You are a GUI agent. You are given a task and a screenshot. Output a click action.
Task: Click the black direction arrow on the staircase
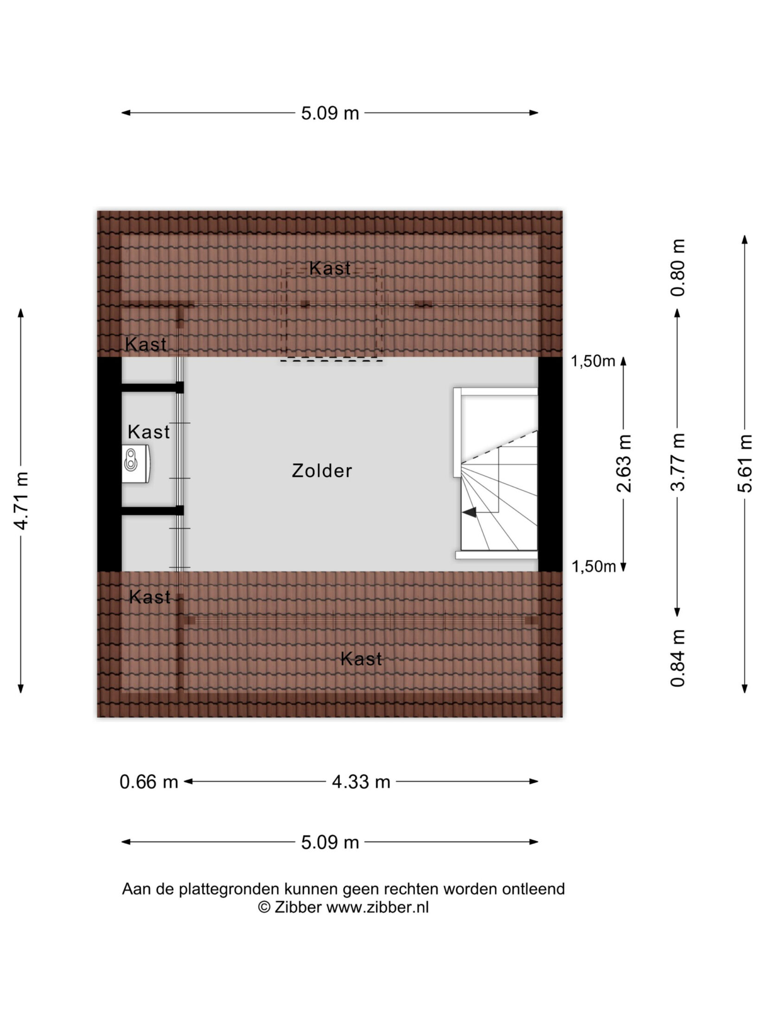tap(469, 512)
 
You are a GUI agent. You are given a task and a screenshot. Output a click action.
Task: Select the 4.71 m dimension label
tap(21, 500)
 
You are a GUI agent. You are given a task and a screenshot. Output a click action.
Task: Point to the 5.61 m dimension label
tap(745, 463)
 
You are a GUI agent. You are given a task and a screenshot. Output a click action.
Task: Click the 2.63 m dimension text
tap(624, 463)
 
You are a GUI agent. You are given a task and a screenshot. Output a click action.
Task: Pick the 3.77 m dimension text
tap(678, 462)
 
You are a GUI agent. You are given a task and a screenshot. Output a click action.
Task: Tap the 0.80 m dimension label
tap(678, 268)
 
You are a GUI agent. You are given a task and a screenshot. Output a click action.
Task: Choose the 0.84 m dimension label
tap(678, 658)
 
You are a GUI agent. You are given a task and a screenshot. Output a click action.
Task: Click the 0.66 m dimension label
tap(149, 782)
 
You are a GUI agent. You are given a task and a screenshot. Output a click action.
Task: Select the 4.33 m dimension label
tap(361, 782)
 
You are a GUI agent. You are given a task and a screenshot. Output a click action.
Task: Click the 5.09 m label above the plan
tap(330, 113)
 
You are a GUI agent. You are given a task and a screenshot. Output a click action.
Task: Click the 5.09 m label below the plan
tap(330, 842)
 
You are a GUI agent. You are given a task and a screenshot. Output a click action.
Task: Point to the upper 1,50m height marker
tap(593, 362)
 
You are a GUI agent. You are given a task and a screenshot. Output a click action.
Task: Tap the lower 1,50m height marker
tap(593, 566)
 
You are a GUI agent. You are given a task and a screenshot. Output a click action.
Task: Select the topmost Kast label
tap(330, 268)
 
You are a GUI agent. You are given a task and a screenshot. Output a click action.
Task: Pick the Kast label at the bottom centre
tap(361, 659)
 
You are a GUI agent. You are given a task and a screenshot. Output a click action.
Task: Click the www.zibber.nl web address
tap(377, 907)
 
